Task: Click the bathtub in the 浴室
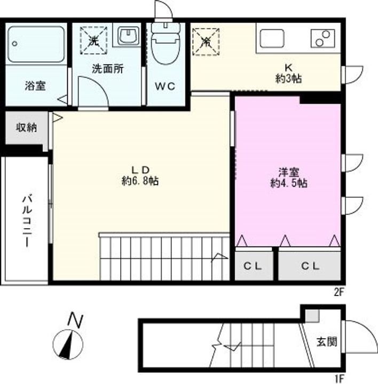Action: [36, 43]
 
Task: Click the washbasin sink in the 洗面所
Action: [128, 37]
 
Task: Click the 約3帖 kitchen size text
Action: [289, 79]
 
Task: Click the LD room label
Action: [140, 170]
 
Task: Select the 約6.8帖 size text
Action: [140, 181]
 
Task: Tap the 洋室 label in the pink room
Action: [288, 172]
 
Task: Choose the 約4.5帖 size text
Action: [288, 183]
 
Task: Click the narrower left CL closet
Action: [254, 265]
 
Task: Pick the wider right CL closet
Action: [310, 265]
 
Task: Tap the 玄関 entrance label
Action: [326, 342]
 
